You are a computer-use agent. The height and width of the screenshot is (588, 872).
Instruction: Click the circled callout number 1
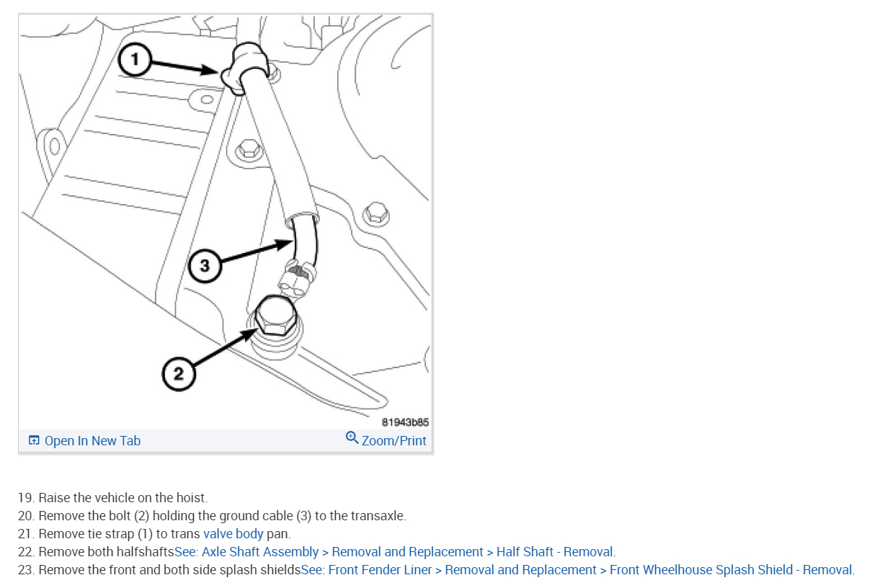(x=134, y=60)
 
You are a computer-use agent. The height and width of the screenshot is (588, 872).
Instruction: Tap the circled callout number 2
(x=179, y=374)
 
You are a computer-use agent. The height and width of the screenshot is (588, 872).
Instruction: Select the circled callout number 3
(x=205, y=266)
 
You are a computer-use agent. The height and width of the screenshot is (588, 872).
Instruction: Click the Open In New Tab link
(x=92, y=441)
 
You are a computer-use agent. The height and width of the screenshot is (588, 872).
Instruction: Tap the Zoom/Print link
(x=393, y=441)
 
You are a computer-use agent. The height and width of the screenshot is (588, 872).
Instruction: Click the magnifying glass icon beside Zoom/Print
(x=352, y=438)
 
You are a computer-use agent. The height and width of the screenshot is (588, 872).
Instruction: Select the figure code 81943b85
(x=405, y=422)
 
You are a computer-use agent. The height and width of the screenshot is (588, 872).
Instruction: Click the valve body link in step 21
(x=233, y=533)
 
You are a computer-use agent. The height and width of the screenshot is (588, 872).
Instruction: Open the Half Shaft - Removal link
(x=555, y=552)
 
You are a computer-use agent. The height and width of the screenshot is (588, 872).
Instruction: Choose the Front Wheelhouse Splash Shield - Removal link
(x=731, y=570)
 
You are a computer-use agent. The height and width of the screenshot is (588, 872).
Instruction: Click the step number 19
(x=27, y=498)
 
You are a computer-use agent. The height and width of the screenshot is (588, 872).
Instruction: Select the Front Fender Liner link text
(x=380, y=570)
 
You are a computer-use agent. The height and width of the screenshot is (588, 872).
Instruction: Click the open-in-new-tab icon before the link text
(x=34, y=440)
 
